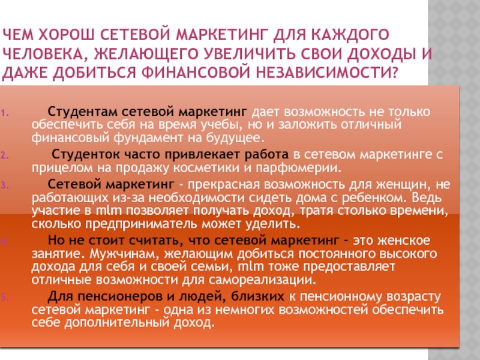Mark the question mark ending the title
pyautogui.click(x=394, y=73)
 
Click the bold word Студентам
pyautogui.click(x=82, y=112)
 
